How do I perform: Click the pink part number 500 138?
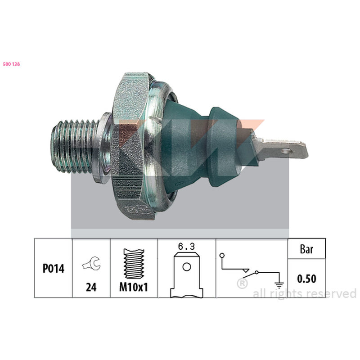(11, 64)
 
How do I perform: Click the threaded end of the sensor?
(74, 146)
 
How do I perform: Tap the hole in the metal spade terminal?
(286, 151)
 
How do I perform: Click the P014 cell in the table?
(54, 268)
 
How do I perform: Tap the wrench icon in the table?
(91, 263)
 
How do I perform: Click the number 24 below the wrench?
(91, 287)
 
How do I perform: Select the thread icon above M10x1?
(134, 263)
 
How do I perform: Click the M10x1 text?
(134, 287)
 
